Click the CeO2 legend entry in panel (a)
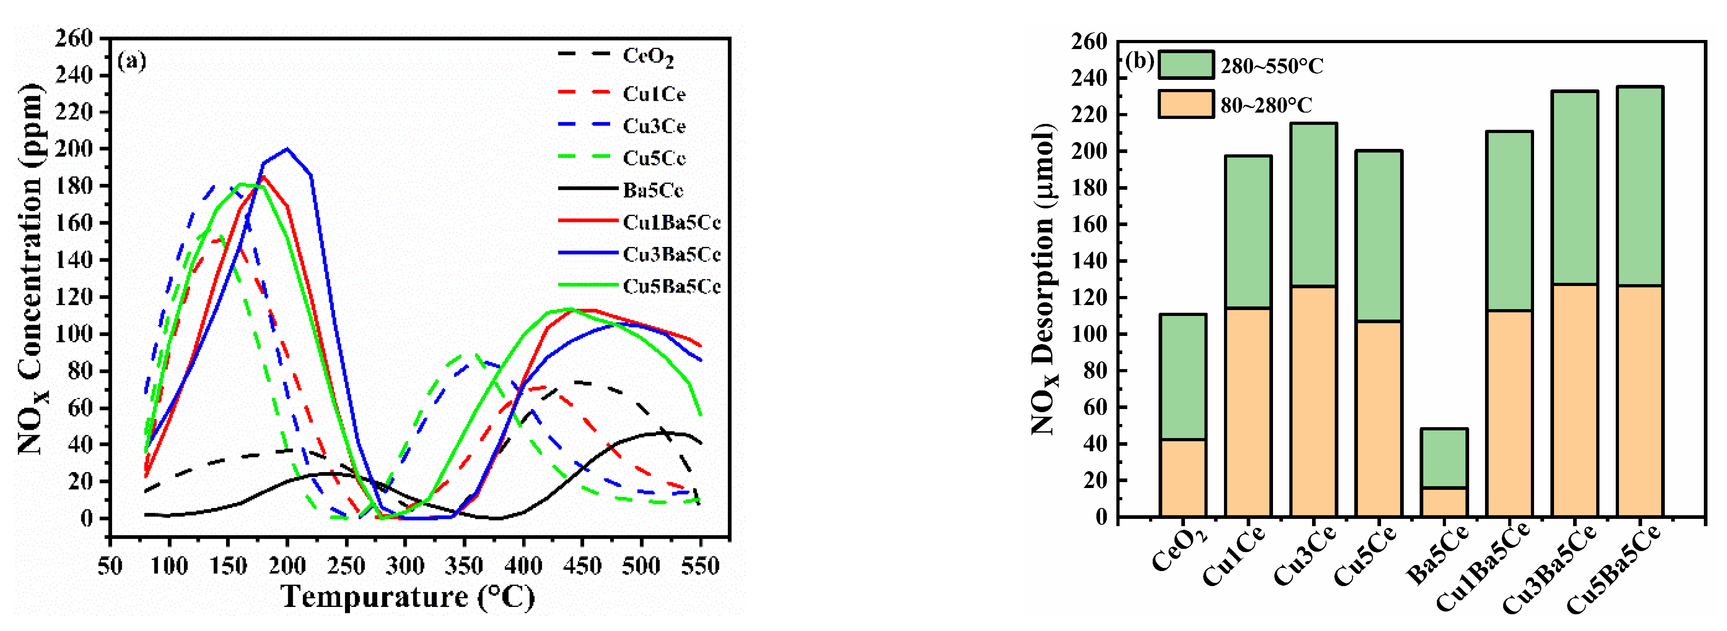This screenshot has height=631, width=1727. tap(647, 56)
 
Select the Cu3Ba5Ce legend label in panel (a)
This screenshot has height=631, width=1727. tap(671, 255)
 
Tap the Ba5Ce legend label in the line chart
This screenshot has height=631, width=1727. tap(652, 191)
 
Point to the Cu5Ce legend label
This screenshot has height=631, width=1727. tap(654, 158)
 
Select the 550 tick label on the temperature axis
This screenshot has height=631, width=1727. tap(700, 566)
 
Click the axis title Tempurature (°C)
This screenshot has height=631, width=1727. tap(408, 597)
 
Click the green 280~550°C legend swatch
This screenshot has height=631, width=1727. tap(1185, 65)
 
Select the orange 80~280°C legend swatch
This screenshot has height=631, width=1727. tap(1185, 104)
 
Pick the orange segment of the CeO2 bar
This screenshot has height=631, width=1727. tap(1183, 478)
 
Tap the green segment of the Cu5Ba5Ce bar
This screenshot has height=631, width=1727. tap(1639, 186)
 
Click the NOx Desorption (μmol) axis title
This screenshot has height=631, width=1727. tap(1044, 278)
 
